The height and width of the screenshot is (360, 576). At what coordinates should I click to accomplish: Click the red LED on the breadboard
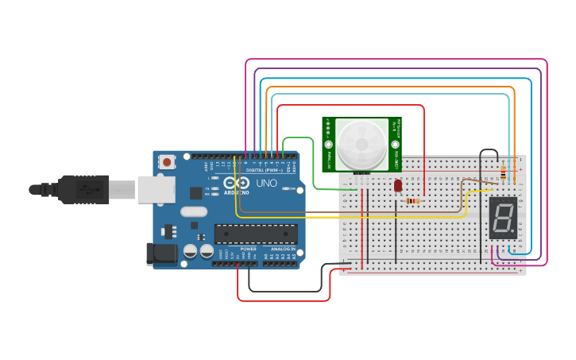coord(397,185)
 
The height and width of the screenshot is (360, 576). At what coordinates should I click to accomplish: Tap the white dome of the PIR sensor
coord(362,143)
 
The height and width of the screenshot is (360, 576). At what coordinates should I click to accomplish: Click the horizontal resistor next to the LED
coord(412,201)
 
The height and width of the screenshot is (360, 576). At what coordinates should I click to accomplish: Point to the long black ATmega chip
coord(256,234)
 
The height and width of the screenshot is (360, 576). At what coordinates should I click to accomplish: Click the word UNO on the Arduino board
coord(266,184)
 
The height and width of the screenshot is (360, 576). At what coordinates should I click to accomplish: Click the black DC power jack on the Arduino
coord(161,254)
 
